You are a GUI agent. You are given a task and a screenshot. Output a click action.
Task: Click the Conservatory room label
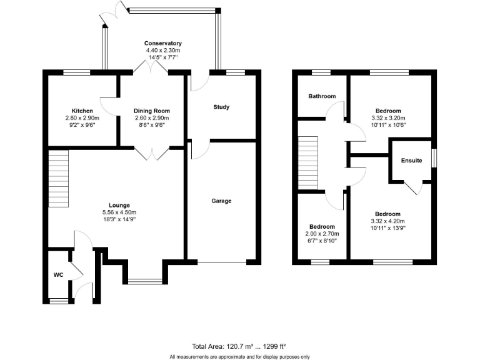(x=163, y=43)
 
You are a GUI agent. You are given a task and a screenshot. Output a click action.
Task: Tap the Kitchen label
(x=82, y=111)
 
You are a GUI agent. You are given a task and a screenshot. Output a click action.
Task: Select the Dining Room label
(x=151, y=111)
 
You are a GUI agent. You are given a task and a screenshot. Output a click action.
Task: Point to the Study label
(x=221, y=107)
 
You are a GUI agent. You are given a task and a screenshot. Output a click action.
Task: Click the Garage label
(x=221, y=201)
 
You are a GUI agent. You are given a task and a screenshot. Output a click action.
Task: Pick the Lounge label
(x=119, y=205)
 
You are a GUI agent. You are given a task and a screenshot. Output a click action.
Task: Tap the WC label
(x=58, y=274)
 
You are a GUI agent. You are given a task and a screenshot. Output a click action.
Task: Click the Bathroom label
(x=322, y=96)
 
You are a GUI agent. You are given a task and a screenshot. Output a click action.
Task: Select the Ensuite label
(x=412, y=161)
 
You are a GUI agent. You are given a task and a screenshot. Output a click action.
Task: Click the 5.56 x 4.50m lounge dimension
(x=119, y=212)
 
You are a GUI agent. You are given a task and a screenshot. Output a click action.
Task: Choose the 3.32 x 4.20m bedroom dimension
(x=388, y=221)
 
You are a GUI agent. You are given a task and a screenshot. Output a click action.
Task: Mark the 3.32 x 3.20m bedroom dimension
(x=388, y=117)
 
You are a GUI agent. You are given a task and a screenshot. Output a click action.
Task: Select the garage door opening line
(x=221, y=261)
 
